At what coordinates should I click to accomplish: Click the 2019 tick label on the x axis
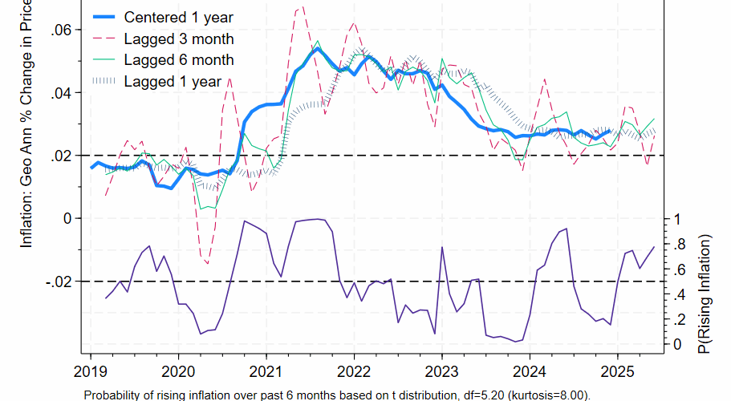(90, 372)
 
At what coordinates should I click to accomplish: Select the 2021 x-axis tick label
(266, 372)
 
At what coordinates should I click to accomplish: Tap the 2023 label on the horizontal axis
(441, 372)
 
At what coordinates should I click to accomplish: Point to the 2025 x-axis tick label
(617, 372)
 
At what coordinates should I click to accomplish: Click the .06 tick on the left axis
(62, 30)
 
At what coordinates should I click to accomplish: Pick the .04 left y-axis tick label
(62, 93)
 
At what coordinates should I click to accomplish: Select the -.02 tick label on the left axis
(59, 282)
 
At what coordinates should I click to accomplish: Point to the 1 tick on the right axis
(678, 219)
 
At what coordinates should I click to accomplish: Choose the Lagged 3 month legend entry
(179, 38)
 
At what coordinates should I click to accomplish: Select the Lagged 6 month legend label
(179, 59)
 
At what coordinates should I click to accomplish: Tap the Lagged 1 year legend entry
(173, 81)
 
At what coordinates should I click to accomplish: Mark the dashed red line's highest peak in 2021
(300, 7)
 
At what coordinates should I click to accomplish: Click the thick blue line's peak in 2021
(318, 48)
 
